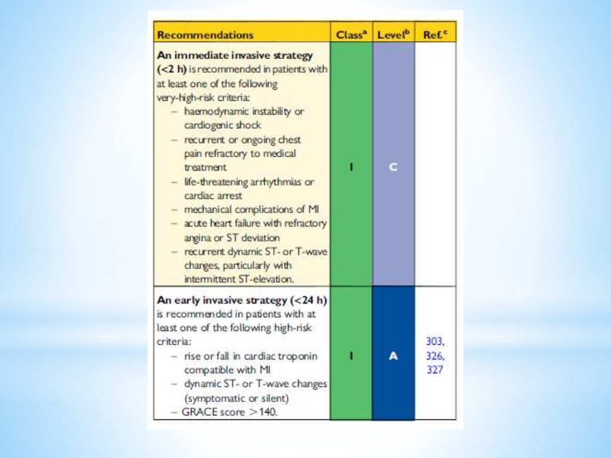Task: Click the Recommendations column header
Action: [205, 35]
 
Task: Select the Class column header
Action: [350, 35]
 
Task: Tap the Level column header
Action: [393, 35]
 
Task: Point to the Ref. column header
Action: [435, 35]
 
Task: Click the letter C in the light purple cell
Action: [393, 168]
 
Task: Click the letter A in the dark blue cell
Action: [393, 355]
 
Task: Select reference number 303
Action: [435, 342]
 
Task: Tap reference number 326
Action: [435, 355]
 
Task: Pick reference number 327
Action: [435, 369]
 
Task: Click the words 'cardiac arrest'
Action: [212, 196]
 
